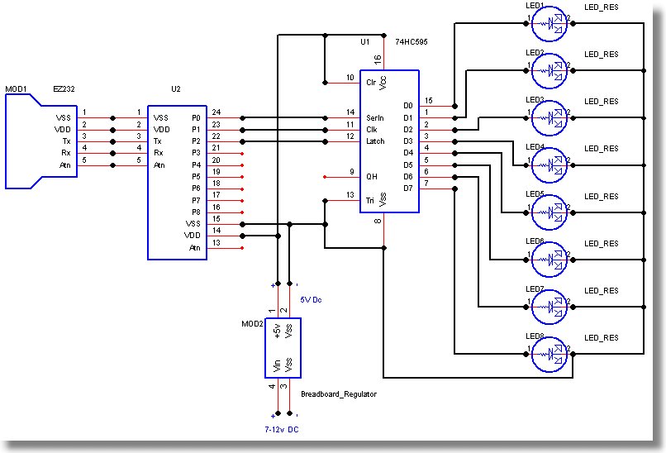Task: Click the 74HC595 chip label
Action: tap(412, 41)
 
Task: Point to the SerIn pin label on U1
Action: tap(376, 117)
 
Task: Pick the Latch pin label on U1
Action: tap(375, 141)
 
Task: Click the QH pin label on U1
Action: tap(372, 177)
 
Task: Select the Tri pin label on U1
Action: tap(371, 201)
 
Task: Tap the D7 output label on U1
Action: tap(407, 188)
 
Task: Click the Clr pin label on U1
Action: tap(371, 82)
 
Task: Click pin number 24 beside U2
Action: tap(216, 112)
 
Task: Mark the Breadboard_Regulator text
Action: tap(339, 394)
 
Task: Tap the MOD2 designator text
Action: tap(252, 324)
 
